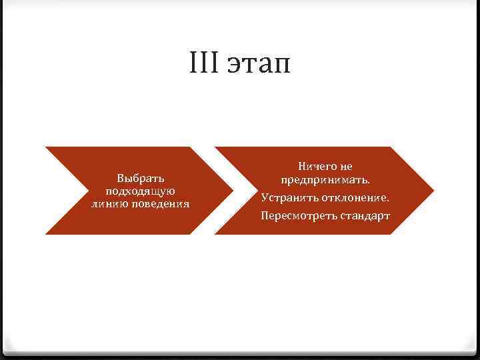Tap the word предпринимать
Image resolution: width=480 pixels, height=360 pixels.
325,179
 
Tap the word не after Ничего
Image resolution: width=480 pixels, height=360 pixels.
345,166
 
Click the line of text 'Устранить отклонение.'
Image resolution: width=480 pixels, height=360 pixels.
325,197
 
